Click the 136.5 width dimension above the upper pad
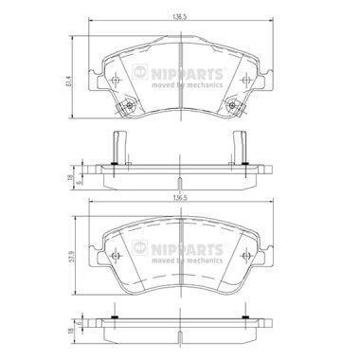pos(181,17)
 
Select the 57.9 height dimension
pos(72,256)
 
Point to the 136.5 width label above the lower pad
pos(181,198)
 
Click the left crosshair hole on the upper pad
pos(116,81)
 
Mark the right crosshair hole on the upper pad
pos(245,81)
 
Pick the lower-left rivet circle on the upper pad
pos(129,105)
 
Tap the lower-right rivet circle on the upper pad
pos(233,105)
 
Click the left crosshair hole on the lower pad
pos(116,256)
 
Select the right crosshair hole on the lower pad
pos(245,256)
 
